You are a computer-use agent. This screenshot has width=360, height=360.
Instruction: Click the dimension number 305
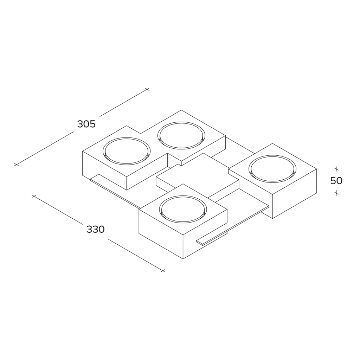[86, 124]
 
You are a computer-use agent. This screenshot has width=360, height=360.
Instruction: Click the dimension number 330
[96, 229]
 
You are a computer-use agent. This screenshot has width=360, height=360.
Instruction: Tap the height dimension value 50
[336, 181]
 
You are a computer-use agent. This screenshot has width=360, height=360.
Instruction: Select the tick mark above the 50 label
[336, 169]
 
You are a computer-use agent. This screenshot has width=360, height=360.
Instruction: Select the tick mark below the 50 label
[336, 193]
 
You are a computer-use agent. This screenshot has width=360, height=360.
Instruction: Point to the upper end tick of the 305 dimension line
[147, 89]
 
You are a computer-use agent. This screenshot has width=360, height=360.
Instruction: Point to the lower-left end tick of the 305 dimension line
[16, 165]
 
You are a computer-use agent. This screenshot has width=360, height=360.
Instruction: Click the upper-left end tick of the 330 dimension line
[34, 196]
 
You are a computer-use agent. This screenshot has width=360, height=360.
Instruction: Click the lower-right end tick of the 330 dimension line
[163, 271]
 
